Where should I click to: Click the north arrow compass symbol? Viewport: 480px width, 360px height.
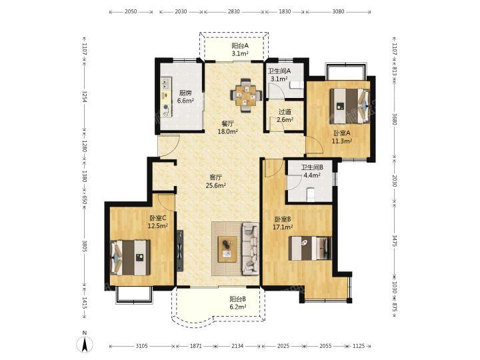click(x=85, y=342)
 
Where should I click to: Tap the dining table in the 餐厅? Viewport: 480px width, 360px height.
click(x=246, y=95)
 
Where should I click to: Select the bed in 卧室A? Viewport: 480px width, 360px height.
click(x=349, y=105)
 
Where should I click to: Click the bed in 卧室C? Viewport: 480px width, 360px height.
click(x=130, y=257)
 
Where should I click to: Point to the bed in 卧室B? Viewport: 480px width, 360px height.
click(x=310, y=248)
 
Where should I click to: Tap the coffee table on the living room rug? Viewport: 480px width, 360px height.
click(x=228, y=249)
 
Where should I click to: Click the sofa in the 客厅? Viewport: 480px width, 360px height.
click(x=250, y=249)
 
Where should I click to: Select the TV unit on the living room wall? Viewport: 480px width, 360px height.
click(x=180, y=251)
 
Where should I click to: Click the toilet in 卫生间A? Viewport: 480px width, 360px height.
click(x=296, y=85)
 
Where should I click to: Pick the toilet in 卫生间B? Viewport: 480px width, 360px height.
click(x=311, y=195)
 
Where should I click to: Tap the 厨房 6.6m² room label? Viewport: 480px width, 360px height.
click(x=186, y=97)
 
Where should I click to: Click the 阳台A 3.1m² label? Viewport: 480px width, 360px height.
click(x=240, y=50)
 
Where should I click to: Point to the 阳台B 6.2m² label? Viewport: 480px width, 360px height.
click(x=238, y=303)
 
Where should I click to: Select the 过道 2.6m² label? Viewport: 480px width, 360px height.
click(x=285, y=116)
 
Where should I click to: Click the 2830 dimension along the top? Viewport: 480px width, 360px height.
click(x=233, y=11)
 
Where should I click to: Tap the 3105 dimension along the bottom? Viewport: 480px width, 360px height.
click(x=142, y=346)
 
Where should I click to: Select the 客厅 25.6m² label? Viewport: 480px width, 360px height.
click(x=216, y=181)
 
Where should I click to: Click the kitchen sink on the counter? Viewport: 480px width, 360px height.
click(x=165, y=83)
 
